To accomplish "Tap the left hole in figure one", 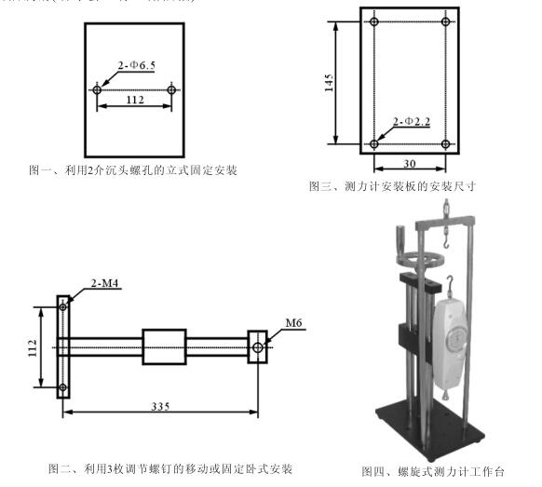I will click(98, 90).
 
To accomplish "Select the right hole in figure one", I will click(171, 90).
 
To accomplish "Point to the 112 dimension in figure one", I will click(134, 100).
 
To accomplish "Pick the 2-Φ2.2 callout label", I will click(411, 122).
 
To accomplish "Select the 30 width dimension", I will click(410, 164).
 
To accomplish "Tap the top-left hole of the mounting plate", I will click(373, 21).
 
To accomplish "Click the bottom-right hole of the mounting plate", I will click(446, 144).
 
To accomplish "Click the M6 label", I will click(294, 323).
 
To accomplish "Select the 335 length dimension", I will click(161, 406).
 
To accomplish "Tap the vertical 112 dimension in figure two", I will click(35, 346).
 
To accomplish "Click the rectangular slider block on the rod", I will click(165, 347).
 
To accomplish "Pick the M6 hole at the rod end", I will click(257, 347).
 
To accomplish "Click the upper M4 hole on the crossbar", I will click(63, 307).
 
